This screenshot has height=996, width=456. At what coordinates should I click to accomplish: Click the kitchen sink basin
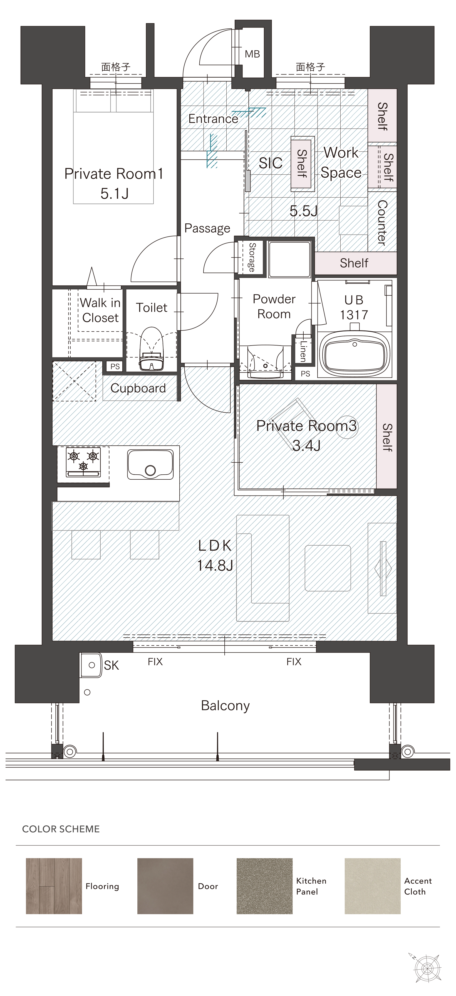tap(150, 464)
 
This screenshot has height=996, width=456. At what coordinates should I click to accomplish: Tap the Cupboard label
tap(138, 388)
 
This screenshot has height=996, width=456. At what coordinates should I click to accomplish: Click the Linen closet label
tap(303, 351)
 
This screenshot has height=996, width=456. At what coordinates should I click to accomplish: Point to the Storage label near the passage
tap(252, 257)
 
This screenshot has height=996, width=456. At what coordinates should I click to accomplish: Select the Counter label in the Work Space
tap(382, 223)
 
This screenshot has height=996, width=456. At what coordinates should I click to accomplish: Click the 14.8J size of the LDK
tap(215, 566)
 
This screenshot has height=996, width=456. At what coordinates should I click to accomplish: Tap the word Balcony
tap(225, 706)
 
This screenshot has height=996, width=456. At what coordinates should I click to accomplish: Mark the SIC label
tap(271, 163)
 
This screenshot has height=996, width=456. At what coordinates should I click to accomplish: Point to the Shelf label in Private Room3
tap(387, 437)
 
